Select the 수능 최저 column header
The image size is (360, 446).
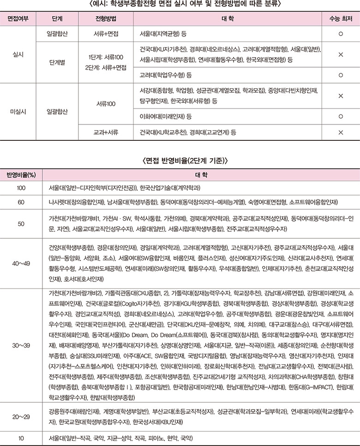[340, 21]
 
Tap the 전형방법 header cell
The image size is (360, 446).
[106, 21]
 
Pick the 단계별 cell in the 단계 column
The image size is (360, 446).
[57, 61]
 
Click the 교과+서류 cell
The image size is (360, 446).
[106, 133]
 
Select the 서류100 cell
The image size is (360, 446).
[106, 103]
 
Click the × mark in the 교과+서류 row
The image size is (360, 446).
[340, 133]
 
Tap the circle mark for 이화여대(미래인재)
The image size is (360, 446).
[340, 116]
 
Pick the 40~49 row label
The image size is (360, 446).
[21, 263]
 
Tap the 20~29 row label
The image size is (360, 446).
[21, 417]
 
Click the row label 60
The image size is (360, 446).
[21, 202]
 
